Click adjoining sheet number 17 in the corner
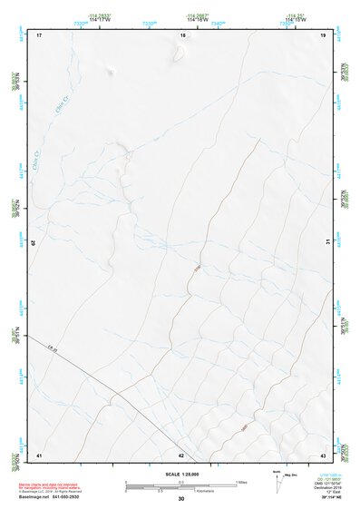pyautogui.click(x=39, y=35)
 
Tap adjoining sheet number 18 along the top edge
pyautogui.click(x=182, y=35)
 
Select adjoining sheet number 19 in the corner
pyautogui.click(x=324, y=35)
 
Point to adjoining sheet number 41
pyautogui.click(x=39, y=455)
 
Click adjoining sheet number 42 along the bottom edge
pyautogui.click(x=181, y=455)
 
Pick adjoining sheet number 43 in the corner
pyautogui.click(x=324, y=455)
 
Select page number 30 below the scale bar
pyautogui.click(x=180, y=499)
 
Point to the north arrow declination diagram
pyautogui.click(x=278, y=481)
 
